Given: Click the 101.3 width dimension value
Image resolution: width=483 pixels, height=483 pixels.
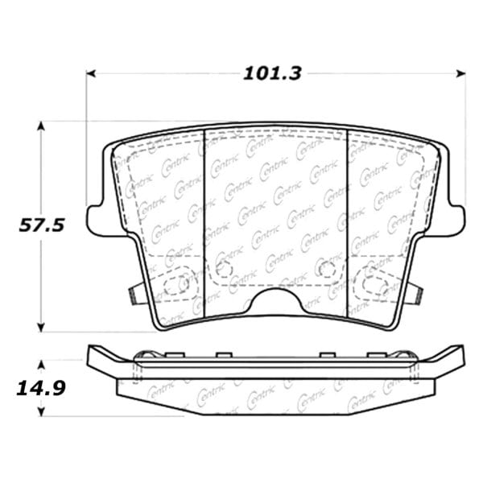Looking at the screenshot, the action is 272,74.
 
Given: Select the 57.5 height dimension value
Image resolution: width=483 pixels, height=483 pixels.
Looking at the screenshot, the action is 42,225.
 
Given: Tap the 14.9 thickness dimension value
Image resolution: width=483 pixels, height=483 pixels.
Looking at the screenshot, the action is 41,389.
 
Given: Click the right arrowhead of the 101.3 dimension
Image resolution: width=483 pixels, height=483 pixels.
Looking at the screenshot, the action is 460,73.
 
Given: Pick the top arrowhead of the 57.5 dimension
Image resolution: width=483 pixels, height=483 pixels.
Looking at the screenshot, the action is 41,126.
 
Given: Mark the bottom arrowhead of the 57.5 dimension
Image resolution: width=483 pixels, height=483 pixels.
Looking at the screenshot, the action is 41,327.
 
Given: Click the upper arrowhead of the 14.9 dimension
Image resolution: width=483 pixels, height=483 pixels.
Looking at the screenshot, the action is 41,365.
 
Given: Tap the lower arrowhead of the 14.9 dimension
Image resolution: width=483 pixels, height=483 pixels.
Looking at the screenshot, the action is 41,411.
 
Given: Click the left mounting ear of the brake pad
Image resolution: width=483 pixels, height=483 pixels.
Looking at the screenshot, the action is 103,221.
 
